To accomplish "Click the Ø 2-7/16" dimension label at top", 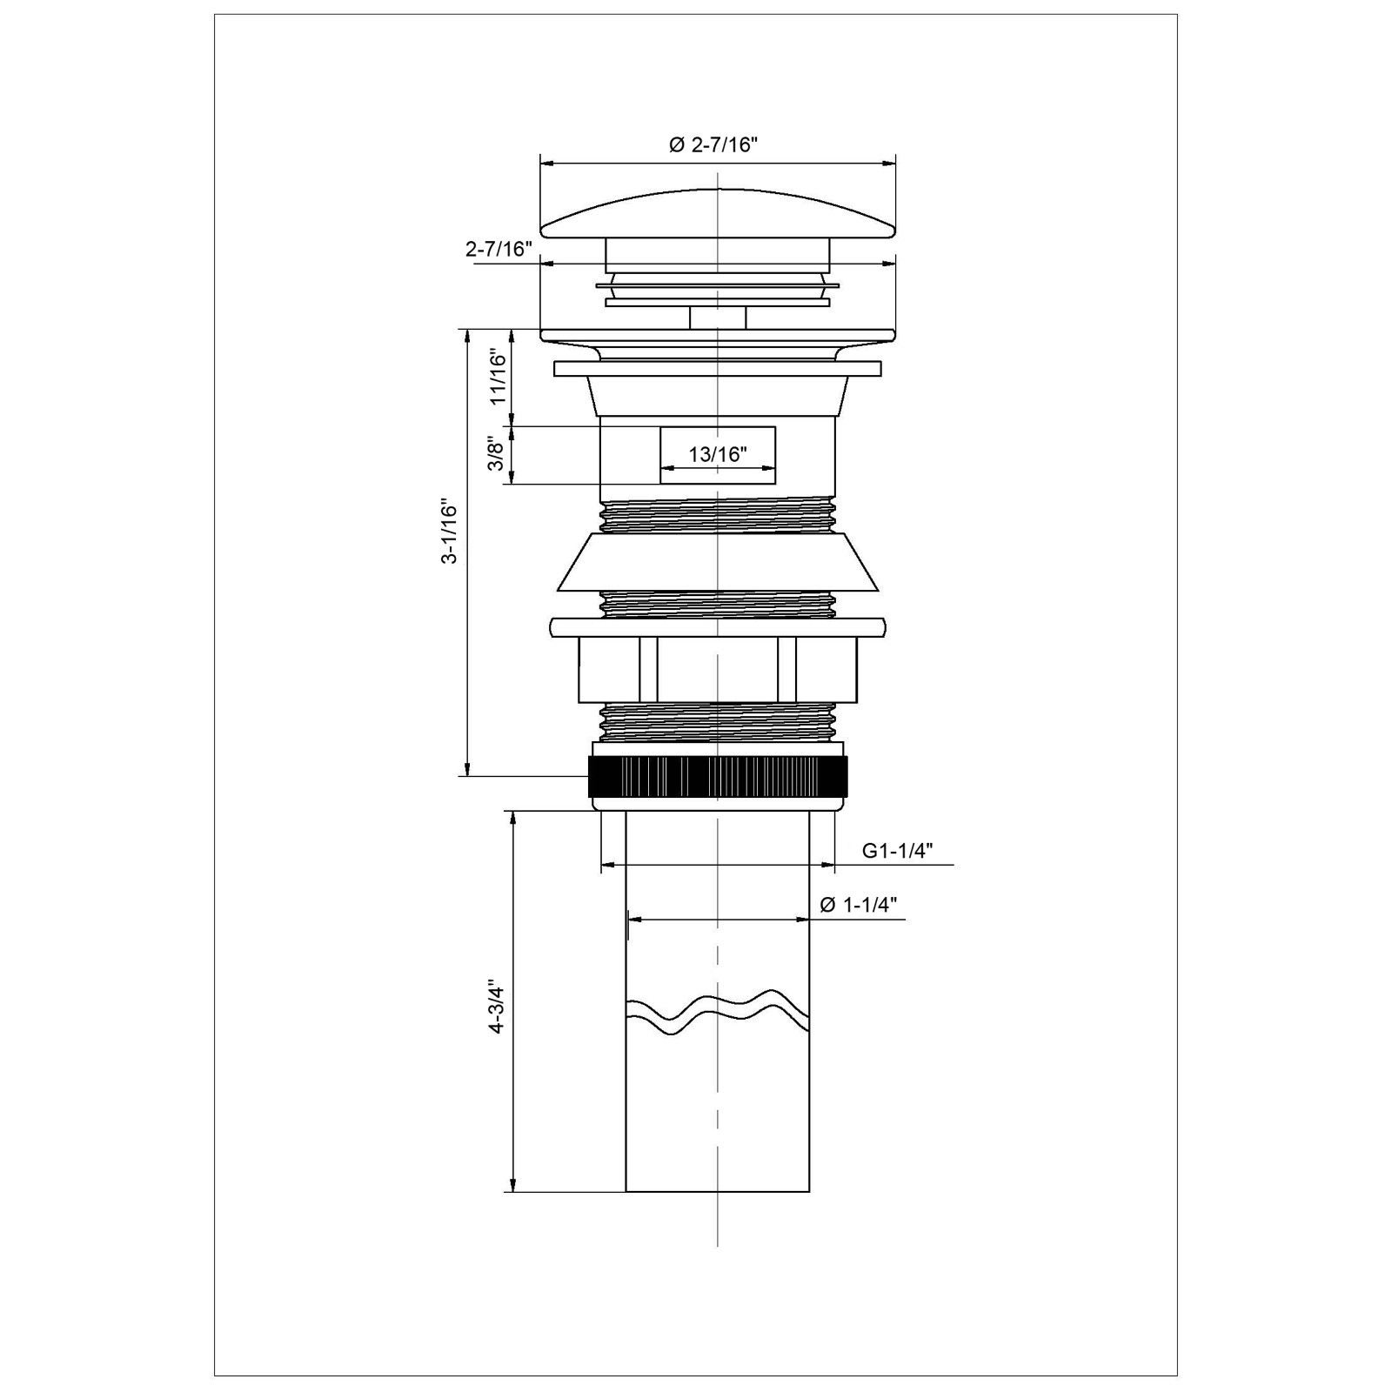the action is (x=713, y=145).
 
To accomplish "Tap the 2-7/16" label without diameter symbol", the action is (x=499, y=249).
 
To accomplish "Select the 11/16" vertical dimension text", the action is (x=497, y=377).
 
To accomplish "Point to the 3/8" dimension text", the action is (x=496, y=453).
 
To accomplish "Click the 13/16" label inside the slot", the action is (x=718, y=454).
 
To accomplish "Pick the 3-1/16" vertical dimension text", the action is (x=449, y=532).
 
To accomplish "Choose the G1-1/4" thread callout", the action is (x=898, y=850).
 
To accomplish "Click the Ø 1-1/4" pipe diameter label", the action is (x=859, y=905).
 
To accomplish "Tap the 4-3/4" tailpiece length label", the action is (x=496, y=1007).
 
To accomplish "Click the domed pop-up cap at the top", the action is (x=718, y=214).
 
